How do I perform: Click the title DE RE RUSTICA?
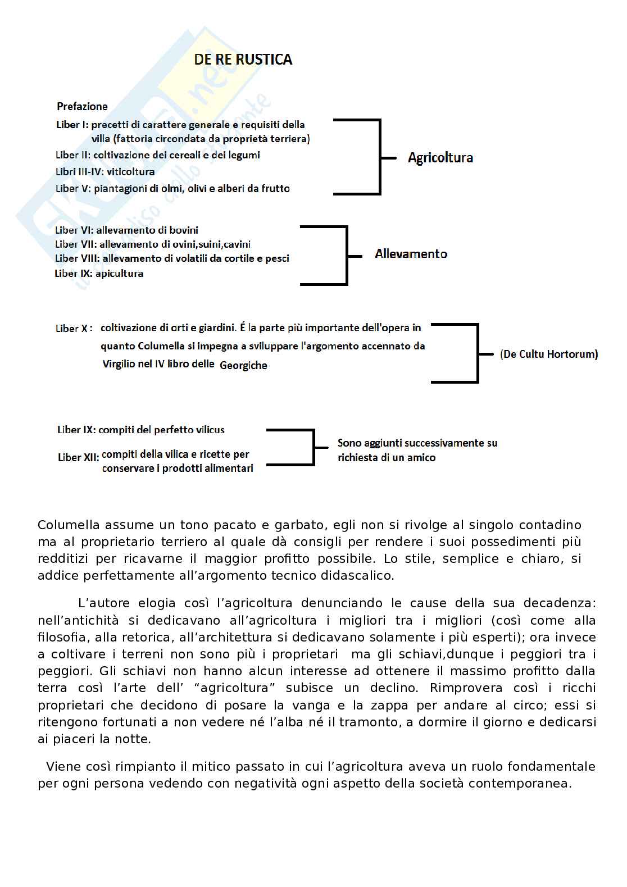point(243,60)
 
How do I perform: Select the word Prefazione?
point(82,106)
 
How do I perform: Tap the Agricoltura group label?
point(440,158)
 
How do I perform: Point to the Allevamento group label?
point(411,254)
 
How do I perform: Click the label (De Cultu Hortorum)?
point(548,354)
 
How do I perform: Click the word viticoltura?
point(130,172)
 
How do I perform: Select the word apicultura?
point(119,274)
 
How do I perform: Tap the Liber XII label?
point(78,457)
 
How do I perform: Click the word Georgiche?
point(243,366)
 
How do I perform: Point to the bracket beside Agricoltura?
point(380,157)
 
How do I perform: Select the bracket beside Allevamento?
point(347,255)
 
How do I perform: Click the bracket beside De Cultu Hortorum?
point(477,354)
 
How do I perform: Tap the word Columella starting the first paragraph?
point(69,525)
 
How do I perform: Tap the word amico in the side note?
point(421,458)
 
